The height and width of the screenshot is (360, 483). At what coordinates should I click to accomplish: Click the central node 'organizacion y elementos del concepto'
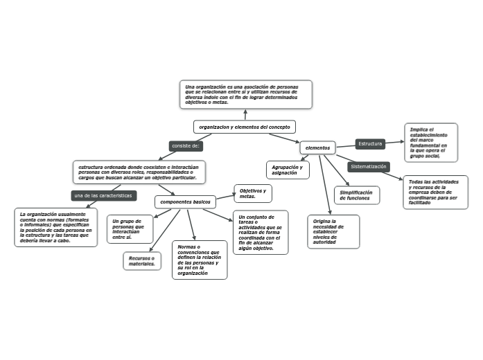(x=245, y=127)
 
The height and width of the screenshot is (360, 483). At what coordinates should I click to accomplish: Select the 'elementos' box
(x=318, y=148)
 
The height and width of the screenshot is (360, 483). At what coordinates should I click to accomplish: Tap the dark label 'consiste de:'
(x=186, y=146)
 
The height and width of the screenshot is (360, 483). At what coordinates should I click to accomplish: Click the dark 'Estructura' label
(x=370, y=144)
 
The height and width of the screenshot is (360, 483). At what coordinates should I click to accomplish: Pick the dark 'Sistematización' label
(x=369, y=167)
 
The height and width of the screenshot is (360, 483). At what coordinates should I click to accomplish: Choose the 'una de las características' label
(x=103, y=196)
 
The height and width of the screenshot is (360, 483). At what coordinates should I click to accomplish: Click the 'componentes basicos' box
(x=185, y=202)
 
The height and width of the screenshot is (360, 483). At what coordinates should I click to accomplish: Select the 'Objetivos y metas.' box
(x=253, y=194)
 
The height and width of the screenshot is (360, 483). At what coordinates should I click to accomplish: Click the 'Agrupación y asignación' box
(x=286, y=170)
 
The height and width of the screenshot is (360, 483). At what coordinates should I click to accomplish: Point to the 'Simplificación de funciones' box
(x=356, y=195)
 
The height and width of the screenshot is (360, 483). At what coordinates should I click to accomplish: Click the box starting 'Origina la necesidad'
(x=333, y=232)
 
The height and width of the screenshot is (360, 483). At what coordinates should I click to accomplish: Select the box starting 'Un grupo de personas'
(x=128, y=229)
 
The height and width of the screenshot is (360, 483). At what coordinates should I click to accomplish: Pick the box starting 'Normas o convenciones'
(x=199, y=260)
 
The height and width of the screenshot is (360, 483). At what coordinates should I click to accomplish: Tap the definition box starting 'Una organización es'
(x=245, y=94)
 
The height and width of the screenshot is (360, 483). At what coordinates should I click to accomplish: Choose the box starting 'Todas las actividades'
(x=434, y=192)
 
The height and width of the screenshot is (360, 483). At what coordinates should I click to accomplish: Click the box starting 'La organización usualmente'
(x=56, y=227)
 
